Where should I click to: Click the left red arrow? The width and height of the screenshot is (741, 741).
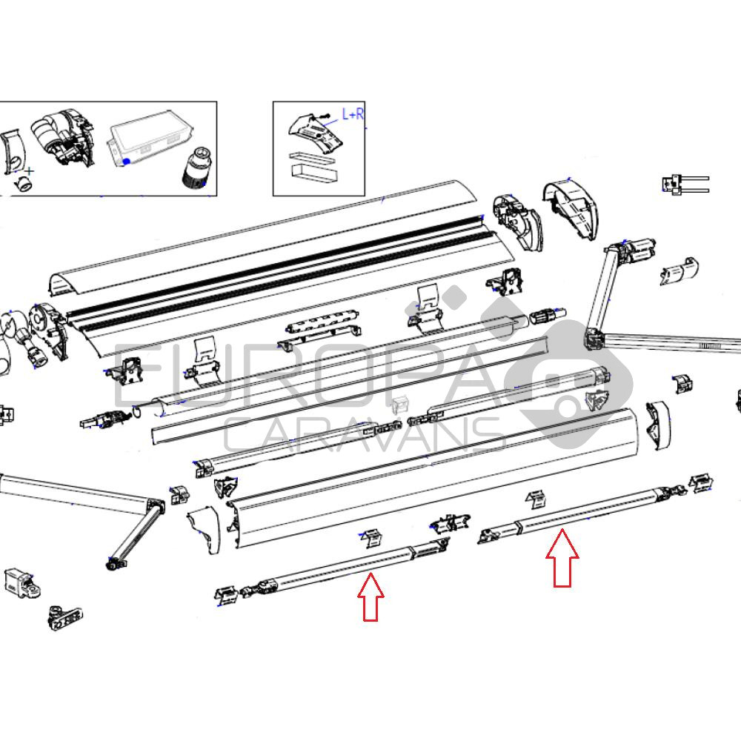click(x=370, y=597)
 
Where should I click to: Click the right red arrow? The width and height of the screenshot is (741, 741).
click(x=562, y=558)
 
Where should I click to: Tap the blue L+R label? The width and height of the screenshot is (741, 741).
click(x=353, y=114)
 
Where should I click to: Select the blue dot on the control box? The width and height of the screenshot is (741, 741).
click(x=126, y=161)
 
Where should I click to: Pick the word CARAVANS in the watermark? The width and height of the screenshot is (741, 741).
click(x=365, y=434)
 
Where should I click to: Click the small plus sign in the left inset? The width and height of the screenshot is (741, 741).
click(x=30, y=170)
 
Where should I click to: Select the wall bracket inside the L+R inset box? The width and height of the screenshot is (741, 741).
click(x=315, y=133)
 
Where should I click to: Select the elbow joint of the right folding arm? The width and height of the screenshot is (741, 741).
click(x=597, y=340)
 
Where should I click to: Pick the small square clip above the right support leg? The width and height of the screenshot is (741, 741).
click(x=536, y=500)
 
